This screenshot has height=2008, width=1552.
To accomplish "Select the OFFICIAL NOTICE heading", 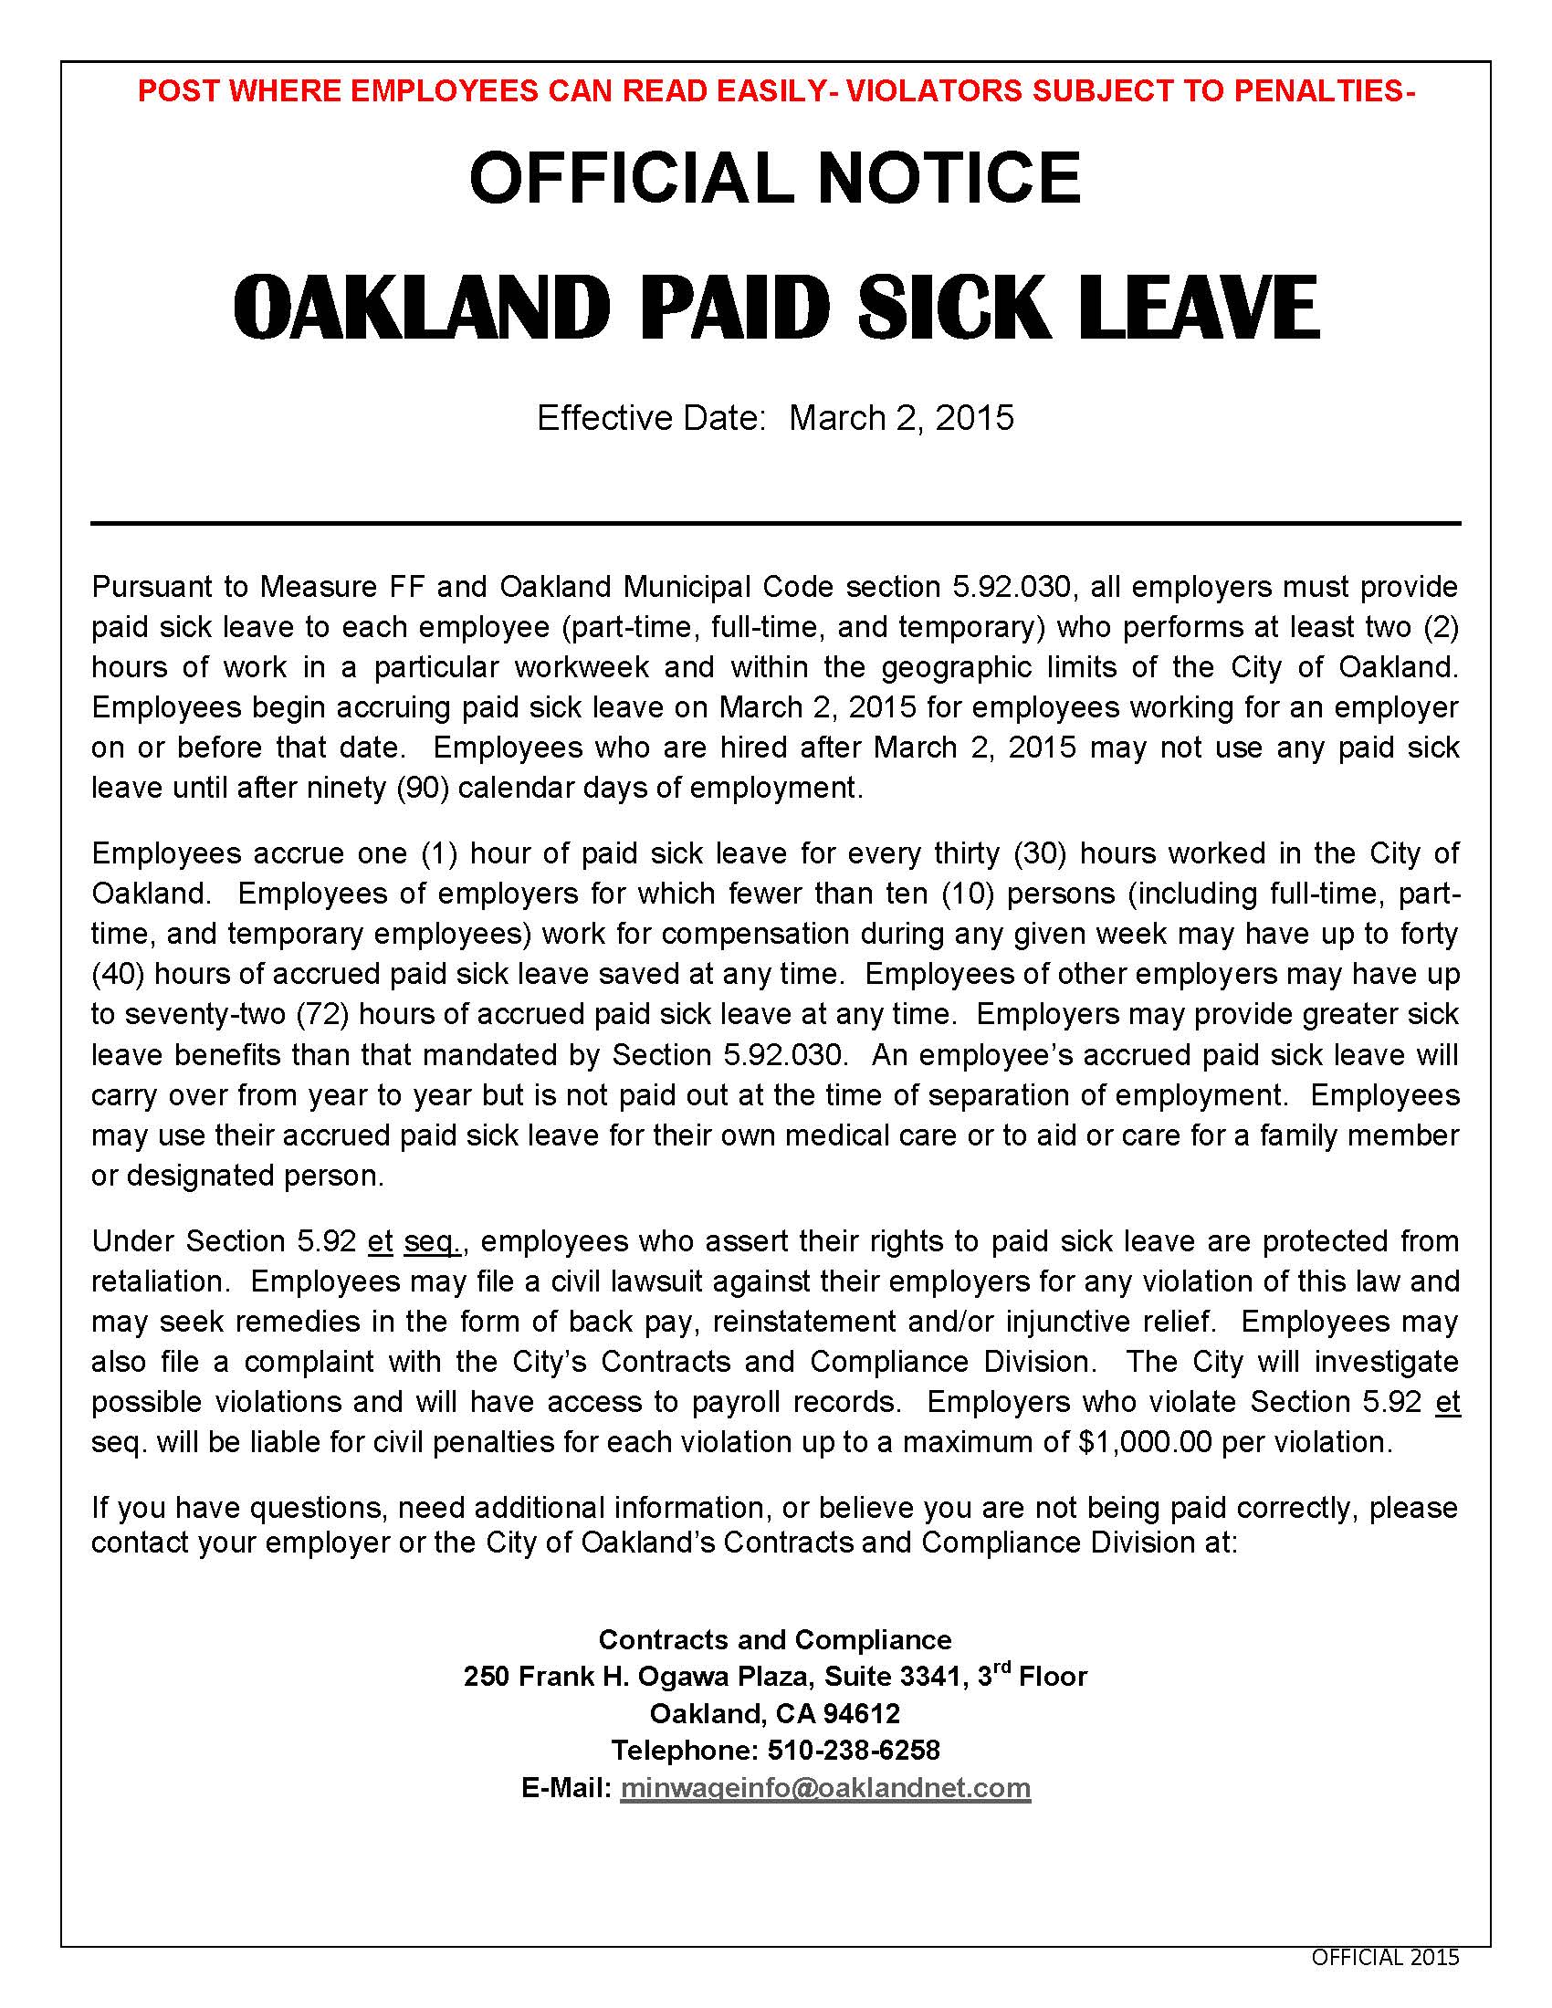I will (775, 177).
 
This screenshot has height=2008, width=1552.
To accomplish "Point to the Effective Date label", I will (651, 418).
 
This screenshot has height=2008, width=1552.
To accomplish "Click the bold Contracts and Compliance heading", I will (775, 1639).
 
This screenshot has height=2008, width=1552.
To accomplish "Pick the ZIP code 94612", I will (862, 1714).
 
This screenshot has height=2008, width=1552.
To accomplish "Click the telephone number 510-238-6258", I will (854, 1750).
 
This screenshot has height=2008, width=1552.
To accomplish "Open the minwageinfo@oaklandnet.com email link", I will (824, 1788).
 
